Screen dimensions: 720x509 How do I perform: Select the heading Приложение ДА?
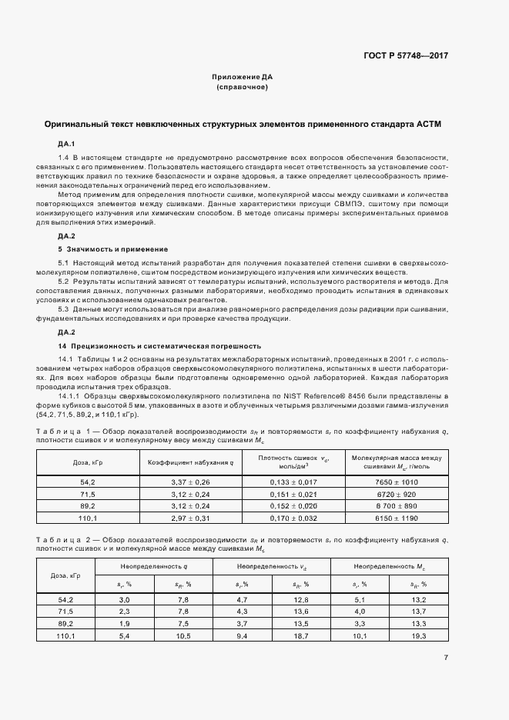tap(243, 78)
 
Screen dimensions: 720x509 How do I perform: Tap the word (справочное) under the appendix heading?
tap(243, 88)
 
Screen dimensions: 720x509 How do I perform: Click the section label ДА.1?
tap(65, 144)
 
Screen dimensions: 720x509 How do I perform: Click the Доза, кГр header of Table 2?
tap(65, 575)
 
